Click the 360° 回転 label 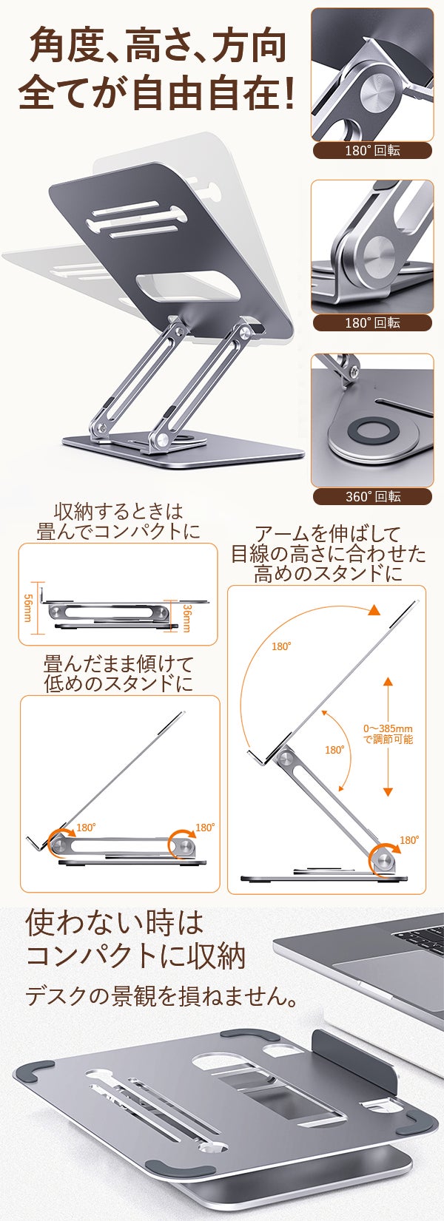coord(372,496)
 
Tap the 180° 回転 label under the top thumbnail coord(372,150)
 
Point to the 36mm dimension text coord(186,618)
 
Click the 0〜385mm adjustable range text coord(388,734)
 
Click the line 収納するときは coord(118,512)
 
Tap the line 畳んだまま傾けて coord(118,664)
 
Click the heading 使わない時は coord(115,923)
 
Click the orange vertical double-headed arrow coord(388,737)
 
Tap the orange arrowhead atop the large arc coord(374,610)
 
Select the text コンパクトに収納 coord(136,956)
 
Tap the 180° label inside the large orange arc coord(281,646)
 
